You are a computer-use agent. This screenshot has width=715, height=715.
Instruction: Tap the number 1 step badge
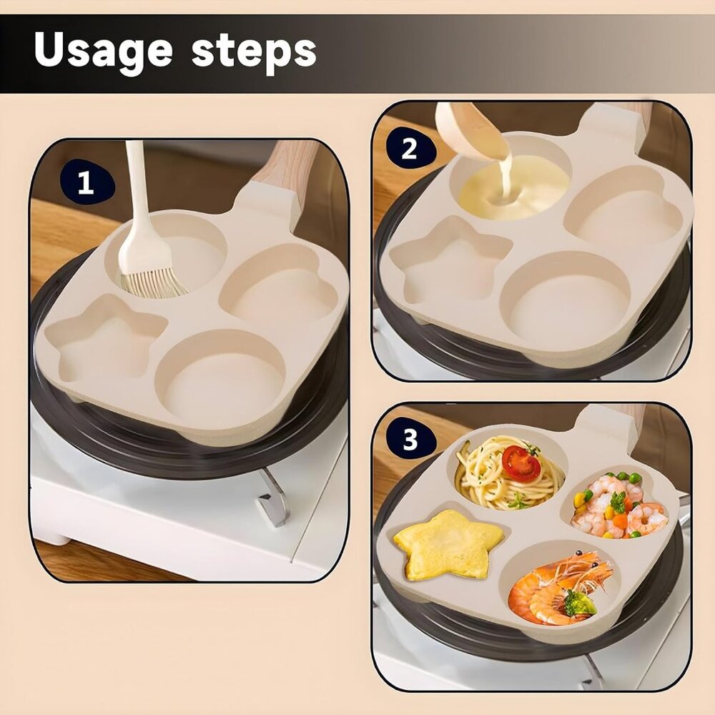(x=85, y=183)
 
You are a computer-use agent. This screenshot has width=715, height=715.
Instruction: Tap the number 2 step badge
(x=409, y=149)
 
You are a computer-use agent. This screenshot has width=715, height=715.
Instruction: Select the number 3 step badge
(x=410, y=440)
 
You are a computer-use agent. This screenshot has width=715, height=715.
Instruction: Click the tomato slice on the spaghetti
(x=521, y=463)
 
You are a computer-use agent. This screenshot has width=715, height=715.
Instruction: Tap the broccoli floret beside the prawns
(x=579, y=604)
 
